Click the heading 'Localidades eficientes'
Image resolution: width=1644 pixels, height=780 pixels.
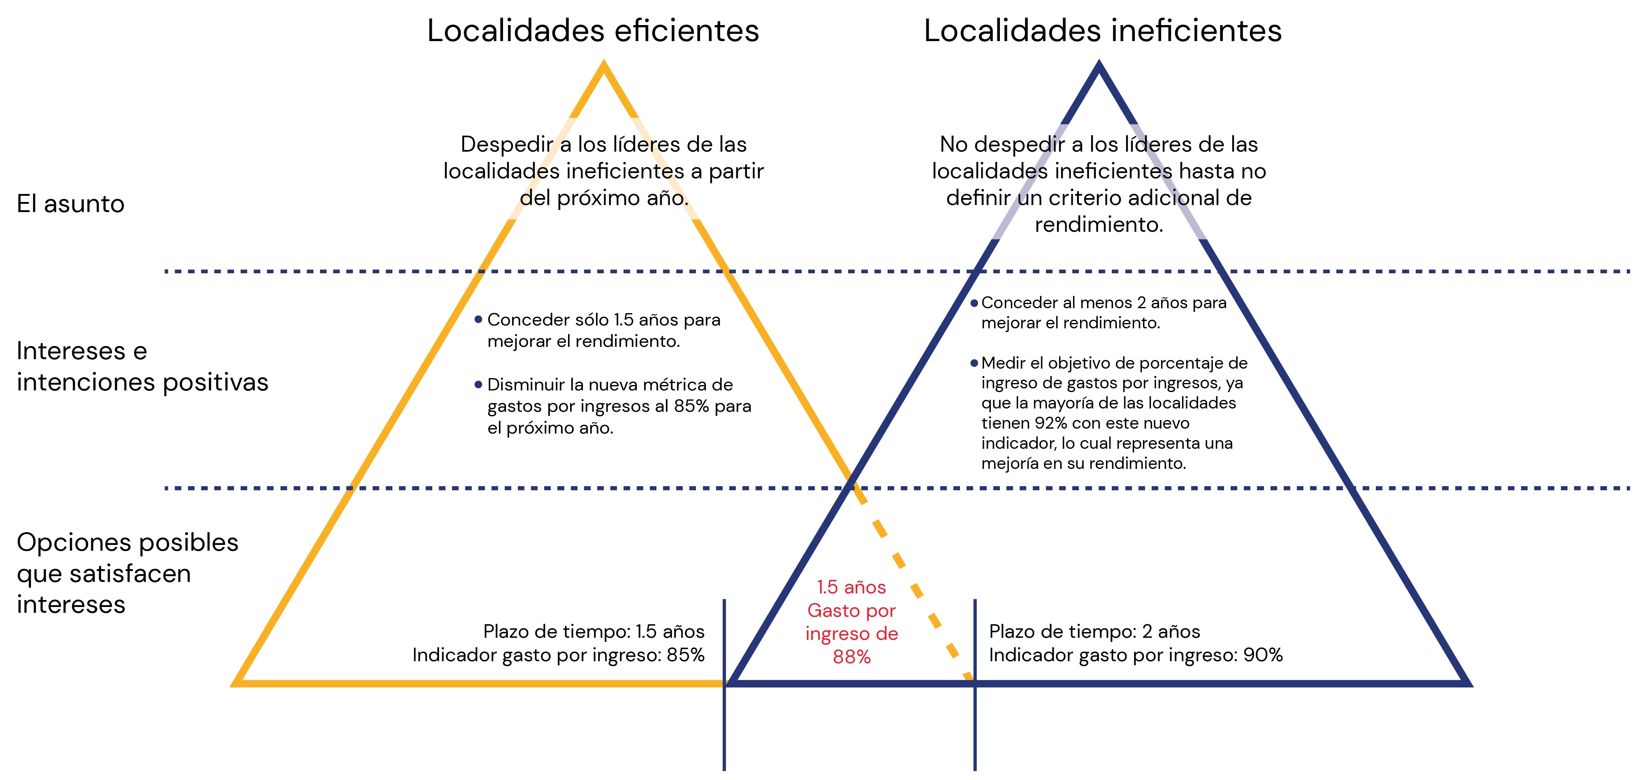click(x=593, y=30)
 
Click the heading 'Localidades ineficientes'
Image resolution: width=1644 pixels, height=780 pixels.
click(x=1103, y=30)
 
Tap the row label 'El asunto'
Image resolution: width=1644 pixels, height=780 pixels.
click(x=71, y=204)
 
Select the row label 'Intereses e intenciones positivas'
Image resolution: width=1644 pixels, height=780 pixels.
click(x=142, y=366)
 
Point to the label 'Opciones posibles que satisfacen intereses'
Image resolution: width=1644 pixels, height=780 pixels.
click(x=128, y=573)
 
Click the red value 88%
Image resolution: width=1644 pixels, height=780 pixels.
click(x=851, y=657)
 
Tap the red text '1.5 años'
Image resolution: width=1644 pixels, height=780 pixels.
click(x=851, y=587)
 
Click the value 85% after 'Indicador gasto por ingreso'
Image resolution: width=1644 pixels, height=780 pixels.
click(x=685, y=655)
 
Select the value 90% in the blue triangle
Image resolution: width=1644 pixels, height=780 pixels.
click(x=1263, y=655)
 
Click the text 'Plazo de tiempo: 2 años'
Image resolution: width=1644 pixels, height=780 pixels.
click(x=1094, y=631)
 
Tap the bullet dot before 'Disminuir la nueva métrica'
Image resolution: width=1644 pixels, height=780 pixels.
click(x=478, y=385)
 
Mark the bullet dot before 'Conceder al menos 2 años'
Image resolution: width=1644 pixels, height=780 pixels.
click(x=974, y=303)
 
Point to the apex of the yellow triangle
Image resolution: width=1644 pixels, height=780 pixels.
click(x=604, y=62)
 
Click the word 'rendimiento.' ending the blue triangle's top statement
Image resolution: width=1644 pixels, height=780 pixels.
click(x=1099, y=224)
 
